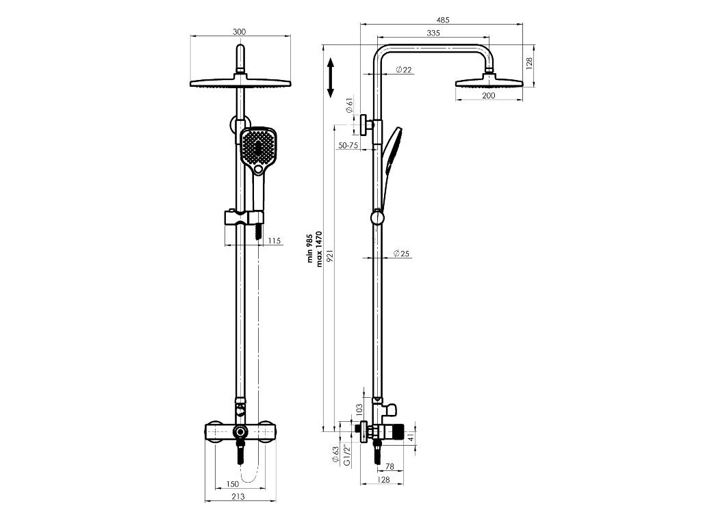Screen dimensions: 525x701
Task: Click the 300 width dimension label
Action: (x=239, y=31)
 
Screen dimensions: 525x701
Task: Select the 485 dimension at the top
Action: (x=446, y=20)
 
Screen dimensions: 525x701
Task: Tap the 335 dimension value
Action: (x=433, y=33)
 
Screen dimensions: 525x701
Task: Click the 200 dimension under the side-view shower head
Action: (x=489, y=96)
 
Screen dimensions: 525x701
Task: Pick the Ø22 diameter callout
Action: (x=403, y=70)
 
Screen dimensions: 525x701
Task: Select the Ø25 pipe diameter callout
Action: (x=401, y=254)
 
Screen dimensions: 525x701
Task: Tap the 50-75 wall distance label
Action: (x=348, y=146)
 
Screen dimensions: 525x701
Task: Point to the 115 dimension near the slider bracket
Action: (x=275, y=241)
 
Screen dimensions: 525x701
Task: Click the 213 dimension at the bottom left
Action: (x=238, y=497)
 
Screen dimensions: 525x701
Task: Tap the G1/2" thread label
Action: (x=347, y=455)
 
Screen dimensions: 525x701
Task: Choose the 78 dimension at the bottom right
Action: (x=389, y=467)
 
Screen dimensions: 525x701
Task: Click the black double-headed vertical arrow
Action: (x=330, y=77)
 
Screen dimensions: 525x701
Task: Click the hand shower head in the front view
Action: (x=257, y=148)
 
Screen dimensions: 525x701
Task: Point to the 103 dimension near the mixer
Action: (x=359, y=409)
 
